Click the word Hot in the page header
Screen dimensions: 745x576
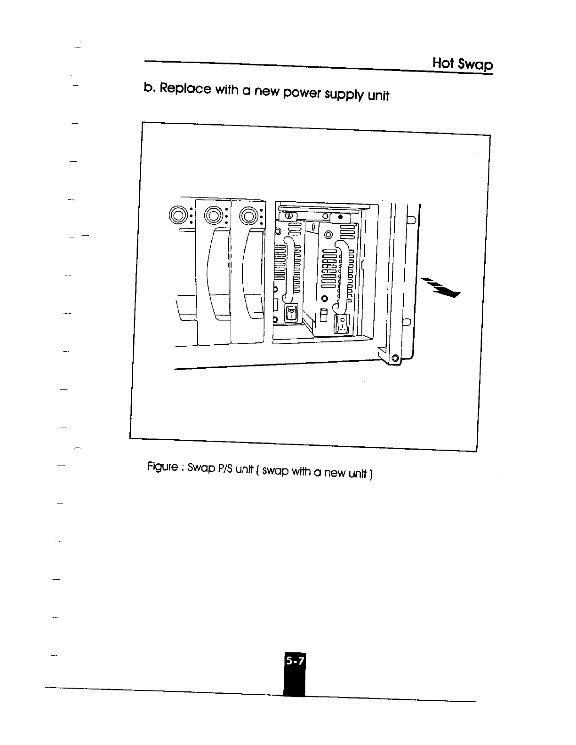tap(443, 63)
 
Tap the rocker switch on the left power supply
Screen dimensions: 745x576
tap(291, 312)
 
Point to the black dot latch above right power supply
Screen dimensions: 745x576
tap(340, 218)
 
